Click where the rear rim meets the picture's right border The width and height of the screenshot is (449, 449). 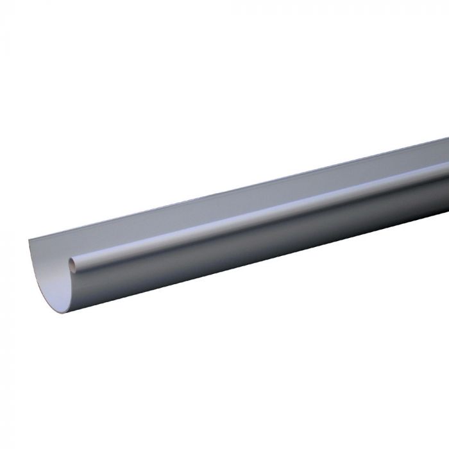[x=447, y=139]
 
